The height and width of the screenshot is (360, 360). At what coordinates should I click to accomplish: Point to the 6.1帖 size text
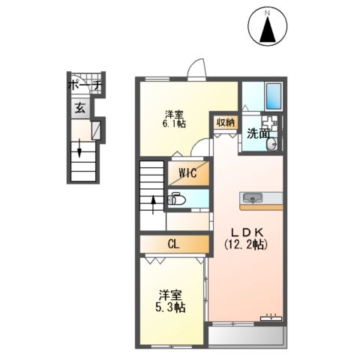pos(174,126)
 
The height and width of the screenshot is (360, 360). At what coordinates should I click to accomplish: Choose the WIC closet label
pos(187,173)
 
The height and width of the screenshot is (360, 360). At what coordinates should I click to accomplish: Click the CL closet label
pos(173,244)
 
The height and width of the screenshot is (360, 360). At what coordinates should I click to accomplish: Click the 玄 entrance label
pos(79,107)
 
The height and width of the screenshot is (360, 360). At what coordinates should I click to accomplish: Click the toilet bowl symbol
pos(177,199)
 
